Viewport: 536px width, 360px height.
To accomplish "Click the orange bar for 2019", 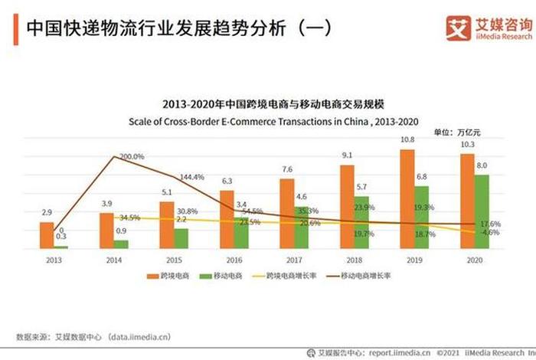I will [x=407, y=199].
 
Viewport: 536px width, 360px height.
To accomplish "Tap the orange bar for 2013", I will [x=47, y=236].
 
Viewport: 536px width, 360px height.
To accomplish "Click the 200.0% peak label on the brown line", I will [x=132, y=156].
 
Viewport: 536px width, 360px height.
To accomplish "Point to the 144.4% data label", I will [x=191, y=177].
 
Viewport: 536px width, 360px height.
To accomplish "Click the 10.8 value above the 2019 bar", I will [x=408, y=140].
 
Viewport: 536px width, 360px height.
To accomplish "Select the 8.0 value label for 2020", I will [x=482, y=165].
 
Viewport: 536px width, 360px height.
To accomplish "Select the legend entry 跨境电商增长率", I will [x=290, y=277].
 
